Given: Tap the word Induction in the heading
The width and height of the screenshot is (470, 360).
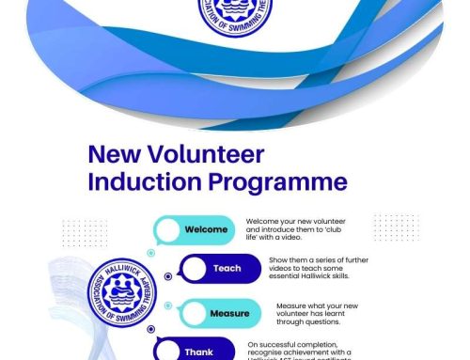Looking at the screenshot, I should click(140, 181).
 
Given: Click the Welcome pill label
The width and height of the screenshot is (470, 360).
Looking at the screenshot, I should click(206, 229).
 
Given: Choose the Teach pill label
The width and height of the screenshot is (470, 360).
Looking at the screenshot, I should click(227, 269).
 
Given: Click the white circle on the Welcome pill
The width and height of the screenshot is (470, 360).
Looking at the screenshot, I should click(167, 229).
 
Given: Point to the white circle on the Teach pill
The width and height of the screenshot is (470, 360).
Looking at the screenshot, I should click(195, 269).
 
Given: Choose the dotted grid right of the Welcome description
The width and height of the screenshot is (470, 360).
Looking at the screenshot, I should click(396, 227).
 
